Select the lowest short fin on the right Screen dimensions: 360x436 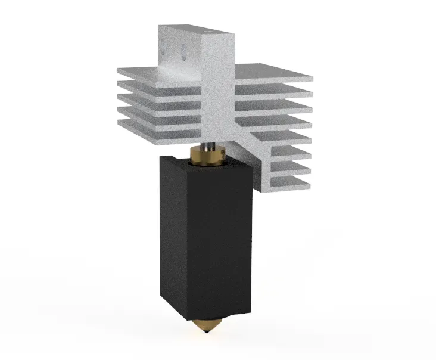292,180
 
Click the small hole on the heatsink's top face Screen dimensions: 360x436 208,28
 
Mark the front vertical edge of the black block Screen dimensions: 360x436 189,238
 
